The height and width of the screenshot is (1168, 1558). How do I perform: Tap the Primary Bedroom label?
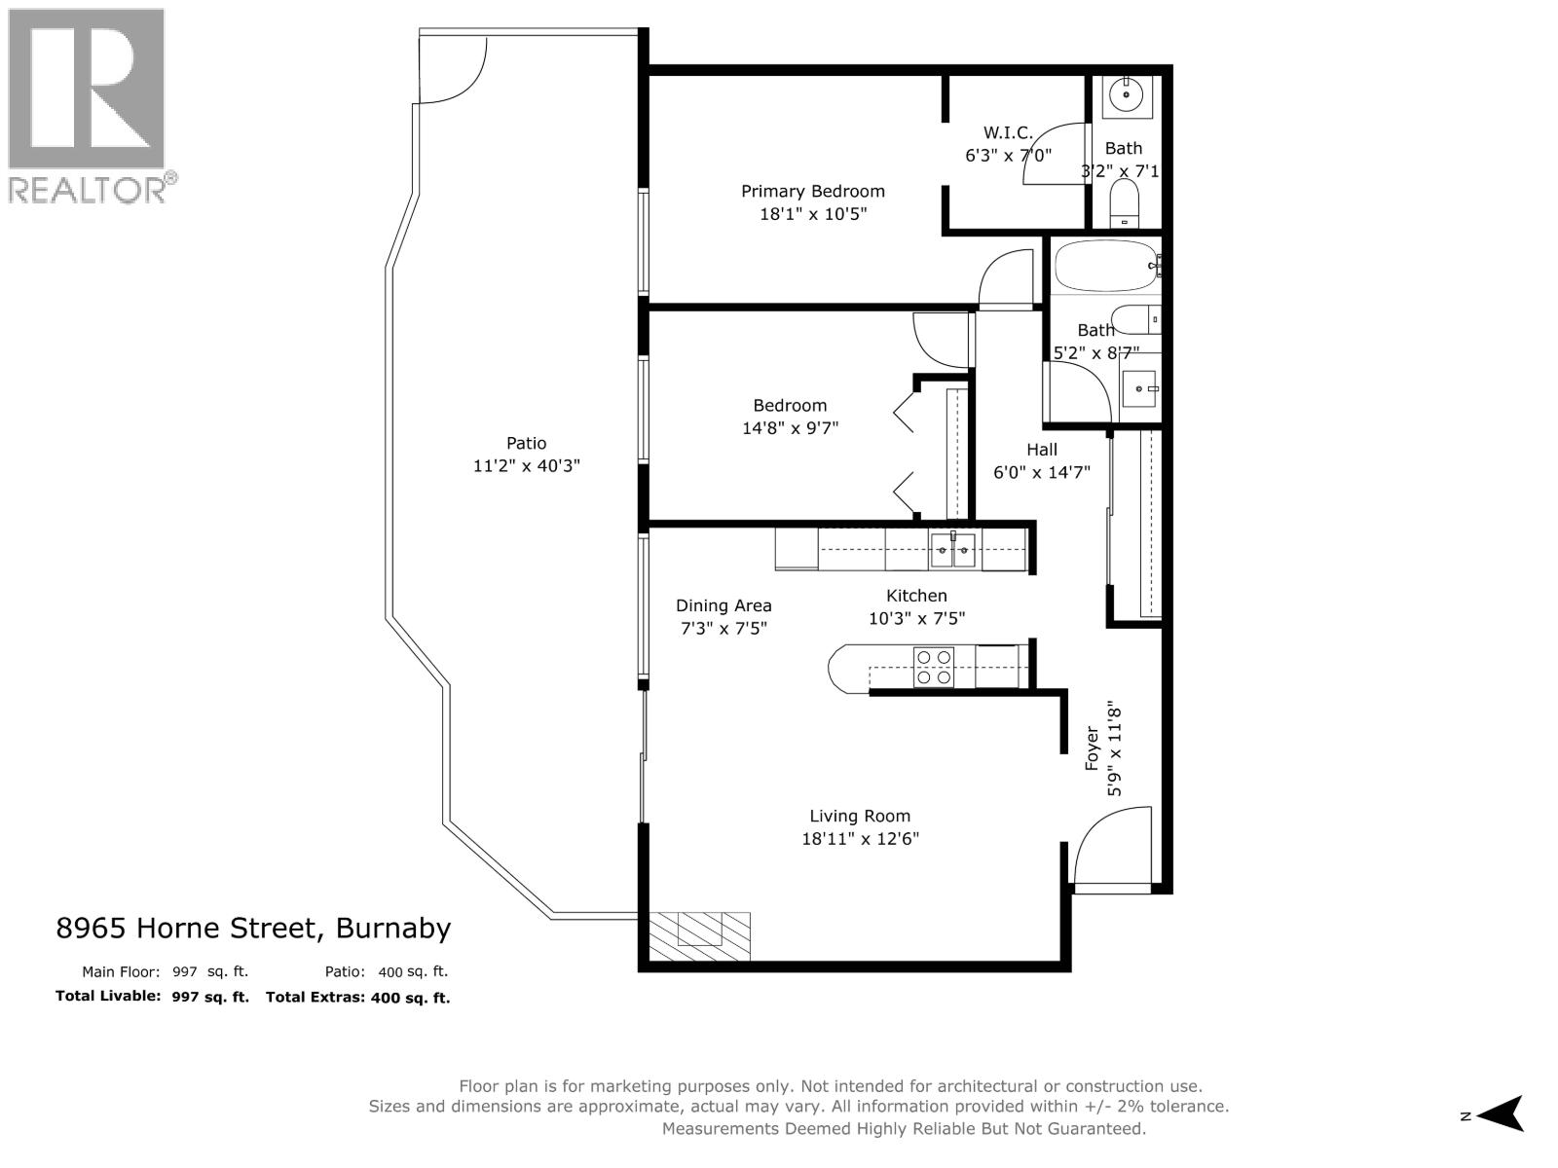pos(812,192)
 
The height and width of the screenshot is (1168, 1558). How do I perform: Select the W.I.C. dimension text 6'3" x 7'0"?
pos(1008,155)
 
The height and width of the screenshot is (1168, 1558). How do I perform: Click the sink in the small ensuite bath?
pos(1128,95)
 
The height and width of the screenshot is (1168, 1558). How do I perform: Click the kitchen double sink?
pos(952,550)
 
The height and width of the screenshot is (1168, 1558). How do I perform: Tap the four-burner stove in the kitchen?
pos(933,668)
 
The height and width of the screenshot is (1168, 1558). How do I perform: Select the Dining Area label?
pos(723,605)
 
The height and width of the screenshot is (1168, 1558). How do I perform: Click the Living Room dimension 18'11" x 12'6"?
pos(860,838)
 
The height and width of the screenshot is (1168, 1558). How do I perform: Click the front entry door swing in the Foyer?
pos(1110,847)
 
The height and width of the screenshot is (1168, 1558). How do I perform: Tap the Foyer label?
pos(1093,748)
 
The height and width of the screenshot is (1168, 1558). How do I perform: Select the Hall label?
pos(1041,450)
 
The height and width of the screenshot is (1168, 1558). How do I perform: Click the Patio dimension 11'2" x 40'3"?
pos(526,466)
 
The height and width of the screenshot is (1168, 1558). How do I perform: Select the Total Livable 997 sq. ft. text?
pos(152,997)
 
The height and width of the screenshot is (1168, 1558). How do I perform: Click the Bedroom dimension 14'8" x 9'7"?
pos(790,427)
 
